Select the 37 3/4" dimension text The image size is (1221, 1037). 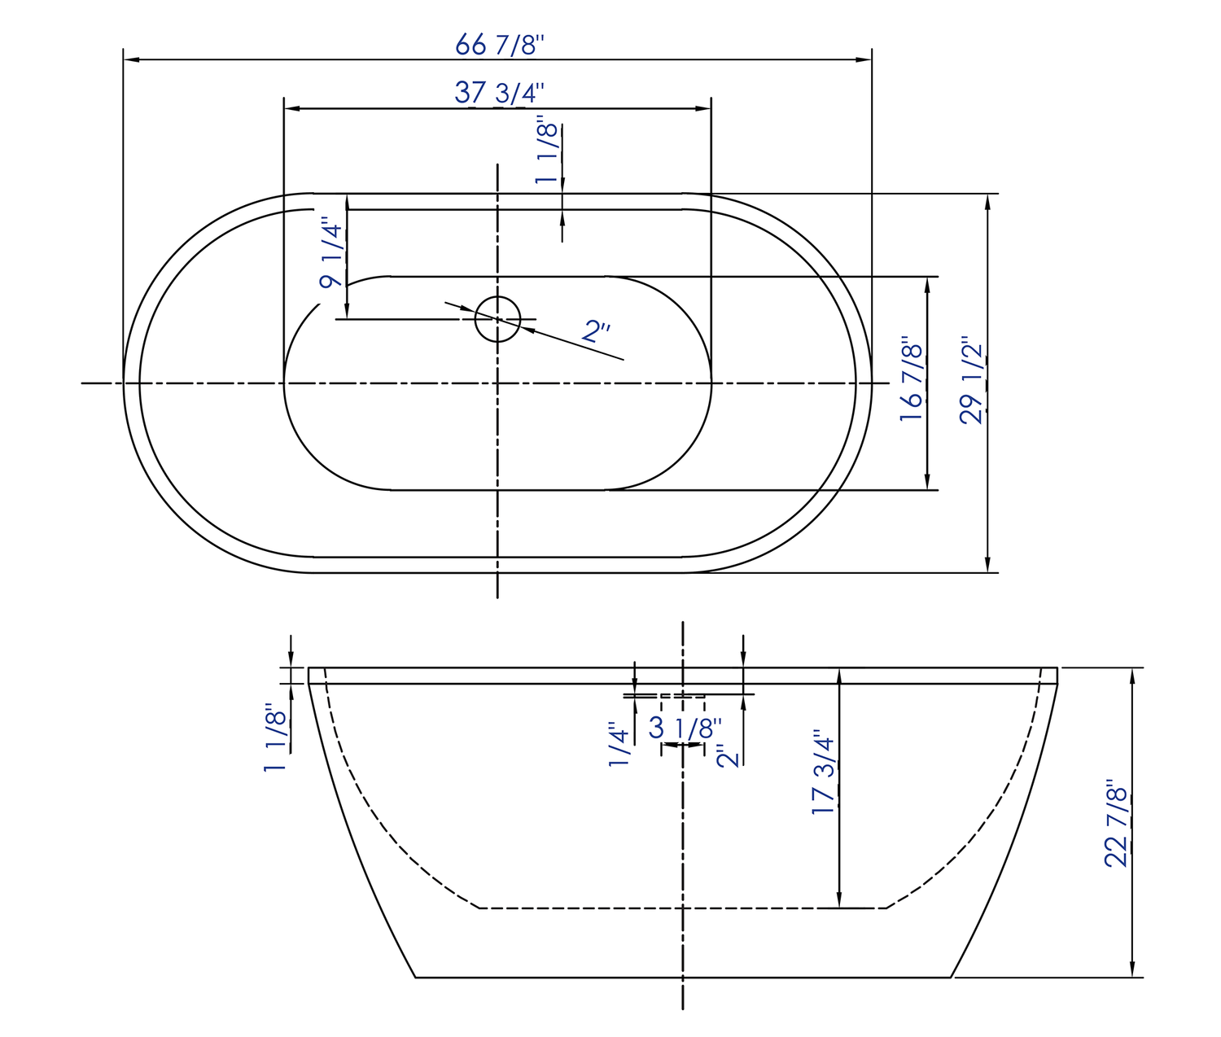click(x=499, y=93)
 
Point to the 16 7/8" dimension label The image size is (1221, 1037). click(x=912, y=382)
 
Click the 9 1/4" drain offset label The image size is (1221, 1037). click(x=331, y=253)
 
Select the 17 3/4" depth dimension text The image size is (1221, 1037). click(x=824, y=773)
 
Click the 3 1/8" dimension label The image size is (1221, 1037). click(x=685, y=728)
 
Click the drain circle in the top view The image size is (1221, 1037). click(x=497, y=319)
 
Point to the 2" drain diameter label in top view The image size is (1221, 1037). click(x=597, y=330)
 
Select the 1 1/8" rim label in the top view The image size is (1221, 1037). click(x=547, y=153)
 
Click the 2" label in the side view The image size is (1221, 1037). click(x=729, y=755)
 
